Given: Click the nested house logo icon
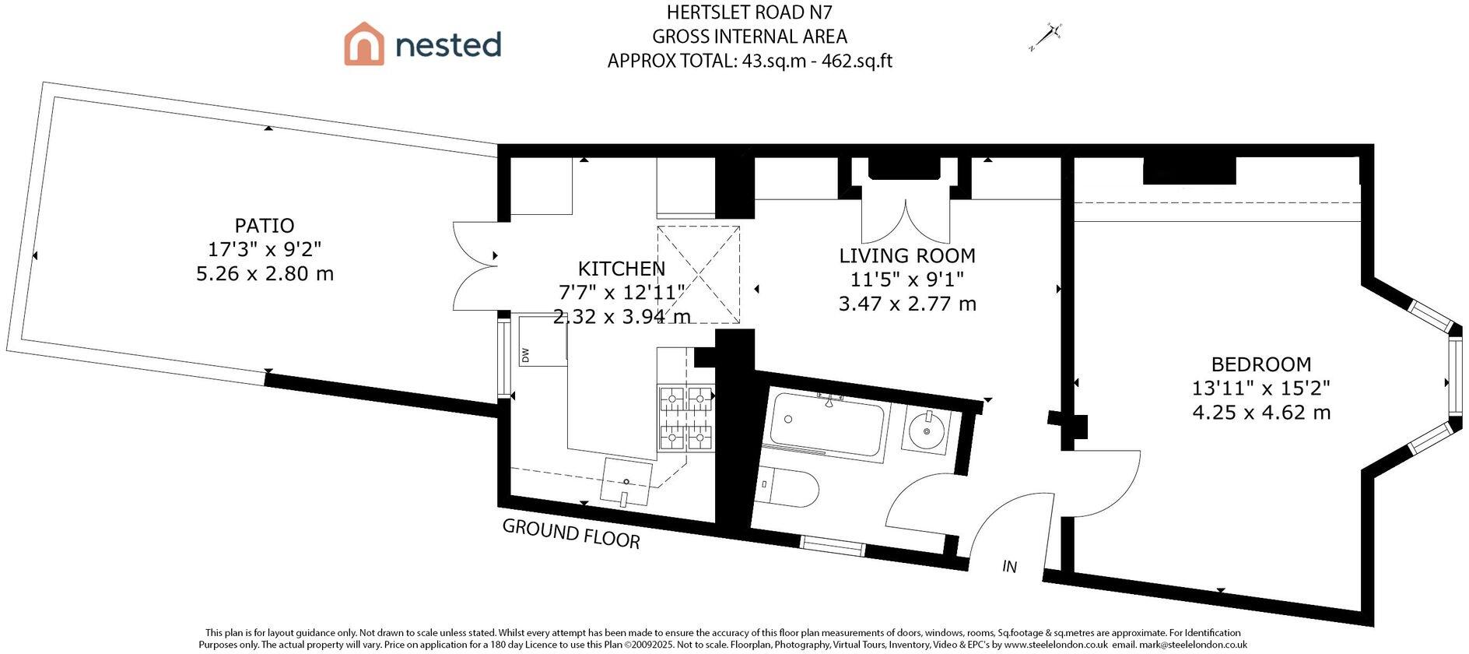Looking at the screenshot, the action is coord(364,44).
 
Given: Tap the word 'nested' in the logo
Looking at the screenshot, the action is coord(448,44).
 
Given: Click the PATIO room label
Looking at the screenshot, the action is coord(265,226).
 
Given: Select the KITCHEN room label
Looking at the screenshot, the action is coord(621,269).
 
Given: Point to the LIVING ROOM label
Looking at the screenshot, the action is coord(907,255).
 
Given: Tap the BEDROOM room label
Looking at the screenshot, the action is coord(1261,364).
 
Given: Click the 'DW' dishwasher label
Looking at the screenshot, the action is coord(525,355).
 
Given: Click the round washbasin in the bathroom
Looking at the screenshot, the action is coord(927,428).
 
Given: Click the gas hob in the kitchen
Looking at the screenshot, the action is coord(687,420).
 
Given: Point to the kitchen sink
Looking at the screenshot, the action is coord(626,481).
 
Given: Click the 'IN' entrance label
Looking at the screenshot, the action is coord(1009,566).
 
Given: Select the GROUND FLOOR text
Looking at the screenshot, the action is coord(571,533).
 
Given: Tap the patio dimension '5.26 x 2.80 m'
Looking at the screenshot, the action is coord(265,274).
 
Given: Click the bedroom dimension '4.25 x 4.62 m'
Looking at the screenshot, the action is coord(1261,412).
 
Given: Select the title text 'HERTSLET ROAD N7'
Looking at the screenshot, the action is coord(750,12).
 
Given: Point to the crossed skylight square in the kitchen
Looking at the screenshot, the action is coord(698,274).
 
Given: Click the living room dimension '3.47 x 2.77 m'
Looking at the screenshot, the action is coord(907,304).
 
